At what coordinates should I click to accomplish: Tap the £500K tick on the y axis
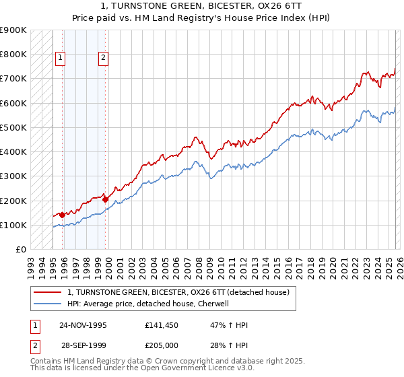[13, 127]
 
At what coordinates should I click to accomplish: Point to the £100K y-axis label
[13, 225]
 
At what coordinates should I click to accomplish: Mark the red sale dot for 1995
[63, 215]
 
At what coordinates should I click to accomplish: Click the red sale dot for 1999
[106, 199]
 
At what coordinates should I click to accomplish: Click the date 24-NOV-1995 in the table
[83, 324]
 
